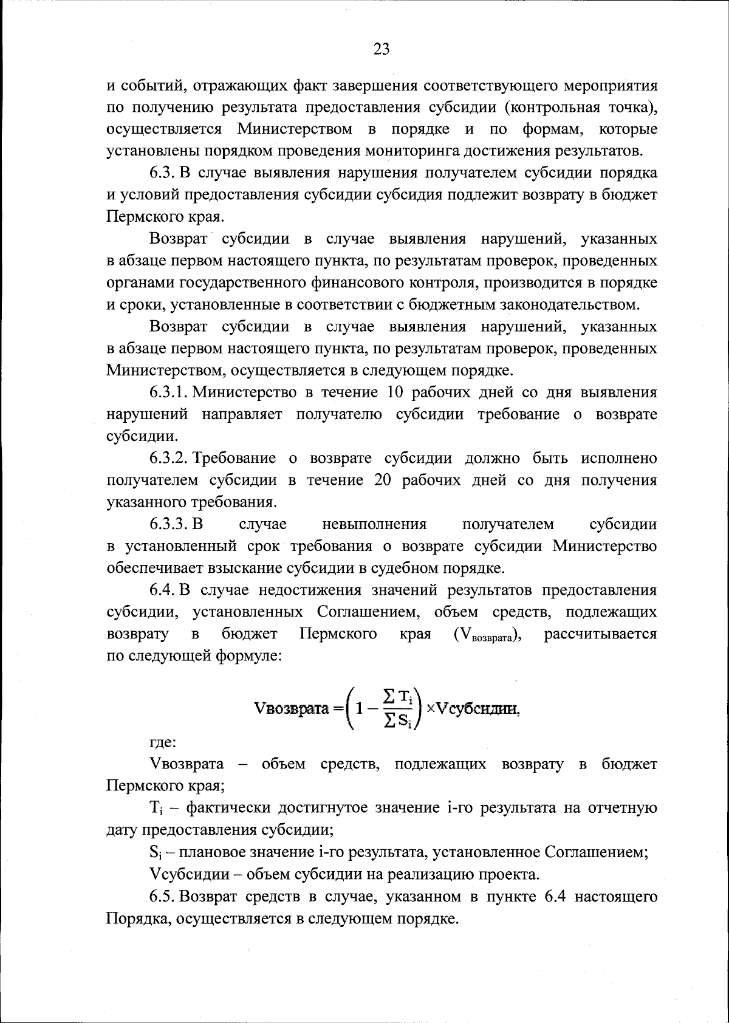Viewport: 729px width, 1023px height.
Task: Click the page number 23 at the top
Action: point(381,50)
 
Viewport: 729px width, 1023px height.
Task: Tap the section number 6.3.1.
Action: point(169,392)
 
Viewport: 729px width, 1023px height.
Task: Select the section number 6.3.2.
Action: point(169,458)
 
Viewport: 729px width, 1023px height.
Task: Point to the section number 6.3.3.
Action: point(169,524)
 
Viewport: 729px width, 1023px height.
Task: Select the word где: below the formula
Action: point(163,742)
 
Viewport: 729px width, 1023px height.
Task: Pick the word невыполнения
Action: point(374,524)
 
